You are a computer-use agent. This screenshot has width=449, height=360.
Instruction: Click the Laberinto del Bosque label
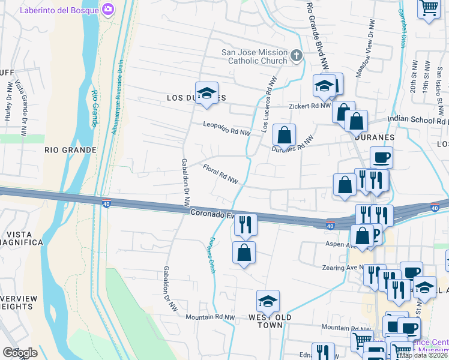coord(60,10)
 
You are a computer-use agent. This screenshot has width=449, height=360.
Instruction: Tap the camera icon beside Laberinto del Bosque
coord(108,9)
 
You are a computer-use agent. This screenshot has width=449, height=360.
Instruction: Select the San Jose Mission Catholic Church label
coord(255,56)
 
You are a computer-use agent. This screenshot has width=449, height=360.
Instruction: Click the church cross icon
coord(296,56)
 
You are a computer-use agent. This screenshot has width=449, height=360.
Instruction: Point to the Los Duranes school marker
coord(206,93)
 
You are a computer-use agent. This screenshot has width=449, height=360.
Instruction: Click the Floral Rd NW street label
coord(220,174)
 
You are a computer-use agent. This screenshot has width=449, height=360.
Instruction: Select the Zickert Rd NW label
coord(310,105)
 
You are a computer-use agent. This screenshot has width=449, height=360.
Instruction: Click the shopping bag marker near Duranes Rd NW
coord(284,135)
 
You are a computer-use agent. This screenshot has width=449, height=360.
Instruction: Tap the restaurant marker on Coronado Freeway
coord(245,225)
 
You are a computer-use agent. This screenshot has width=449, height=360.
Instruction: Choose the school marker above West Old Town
coord(268,301)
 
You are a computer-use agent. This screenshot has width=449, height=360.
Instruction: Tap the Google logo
coord(20,353)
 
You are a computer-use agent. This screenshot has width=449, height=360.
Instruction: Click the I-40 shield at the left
coord(106,204)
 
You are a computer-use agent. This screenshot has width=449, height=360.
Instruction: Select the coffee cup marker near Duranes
coord(381,158)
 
